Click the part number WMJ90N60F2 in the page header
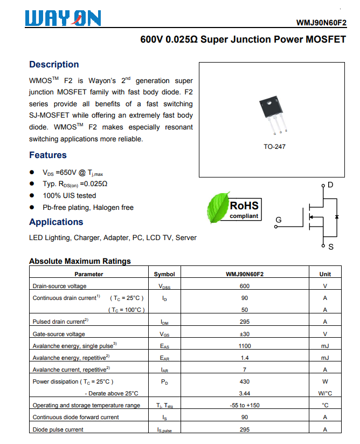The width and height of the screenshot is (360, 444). coord(321,23)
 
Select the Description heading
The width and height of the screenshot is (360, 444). coord(54,65)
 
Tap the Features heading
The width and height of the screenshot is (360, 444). coord(48,155)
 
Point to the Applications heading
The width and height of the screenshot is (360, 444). coord(56,222)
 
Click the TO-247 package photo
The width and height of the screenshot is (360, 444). coord(273,114)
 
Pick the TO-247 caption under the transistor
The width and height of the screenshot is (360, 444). coord(274,147)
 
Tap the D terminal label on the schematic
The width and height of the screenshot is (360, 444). coord(330,185)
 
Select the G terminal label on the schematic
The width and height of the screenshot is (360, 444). coord(279,220)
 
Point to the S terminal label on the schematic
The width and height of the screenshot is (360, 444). coord(330,247)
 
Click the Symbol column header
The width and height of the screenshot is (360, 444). coord(164,274)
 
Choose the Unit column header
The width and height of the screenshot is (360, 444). coord(325,274)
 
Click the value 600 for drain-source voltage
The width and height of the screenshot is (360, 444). coord(245,286)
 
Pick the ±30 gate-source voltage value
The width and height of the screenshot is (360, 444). coord(245,334)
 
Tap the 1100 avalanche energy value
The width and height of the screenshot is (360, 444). coord(245,346)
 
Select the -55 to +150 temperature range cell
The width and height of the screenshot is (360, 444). coord(245,405)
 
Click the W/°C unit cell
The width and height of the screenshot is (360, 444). coord(325,393)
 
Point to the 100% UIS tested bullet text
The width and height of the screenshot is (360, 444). coord(70,196)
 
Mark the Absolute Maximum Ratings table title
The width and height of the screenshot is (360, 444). coord(80,261)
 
